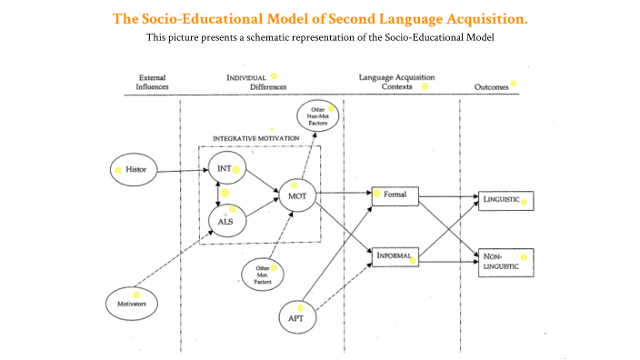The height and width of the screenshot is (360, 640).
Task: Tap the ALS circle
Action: [x=225, y=220]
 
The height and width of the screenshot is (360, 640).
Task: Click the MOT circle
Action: [x=296, y=195]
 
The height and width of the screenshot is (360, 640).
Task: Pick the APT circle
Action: [x=296, y=316]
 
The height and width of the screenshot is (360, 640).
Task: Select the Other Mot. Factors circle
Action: [x=262, y=274]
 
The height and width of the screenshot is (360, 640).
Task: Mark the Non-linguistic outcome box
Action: [x=505, y=262]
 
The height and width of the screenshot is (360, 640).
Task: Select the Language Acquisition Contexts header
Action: [x=396, y=83]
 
